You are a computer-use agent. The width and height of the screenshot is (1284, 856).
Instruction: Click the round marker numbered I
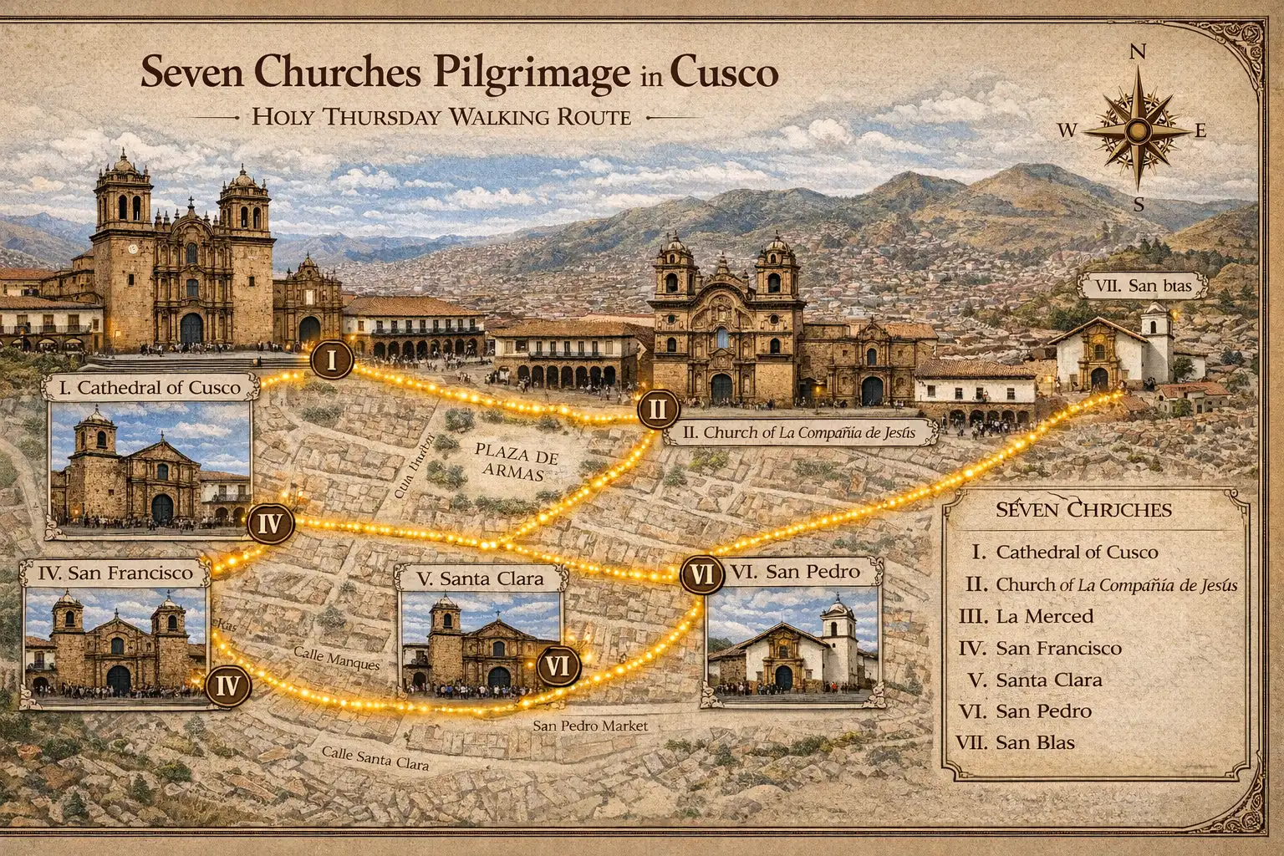click(332, 361)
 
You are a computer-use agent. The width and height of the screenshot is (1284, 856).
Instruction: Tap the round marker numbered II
click(657, 410)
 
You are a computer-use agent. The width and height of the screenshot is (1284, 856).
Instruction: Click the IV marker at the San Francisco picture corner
click(227, 686)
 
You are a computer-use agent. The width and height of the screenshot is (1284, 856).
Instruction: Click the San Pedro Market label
click(590, 726)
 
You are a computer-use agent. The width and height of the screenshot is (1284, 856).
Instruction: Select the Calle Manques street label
click(337, 658)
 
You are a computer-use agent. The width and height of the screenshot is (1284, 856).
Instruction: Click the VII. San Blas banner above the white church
click(1143, 286)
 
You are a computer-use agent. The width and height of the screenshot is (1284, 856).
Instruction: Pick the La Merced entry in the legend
click(1044, 616)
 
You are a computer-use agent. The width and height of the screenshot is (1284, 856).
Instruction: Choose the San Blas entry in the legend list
click(1035, 742)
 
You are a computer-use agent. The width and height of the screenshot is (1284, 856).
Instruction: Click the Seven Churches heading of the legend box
click(1083, 510)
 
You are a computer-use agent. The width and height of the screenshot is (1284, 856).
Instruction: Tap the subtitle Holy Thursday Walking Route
click(441, 117)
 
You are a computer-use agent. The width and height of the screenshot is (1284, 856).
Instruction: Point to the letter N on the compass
click(1138, 53)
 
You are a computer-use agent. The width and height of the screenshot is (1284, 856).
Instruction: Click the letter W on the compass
click(1067, 130)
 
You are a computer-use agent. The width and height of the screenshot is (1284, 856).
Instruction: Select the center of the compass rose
click(1138, 130)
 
